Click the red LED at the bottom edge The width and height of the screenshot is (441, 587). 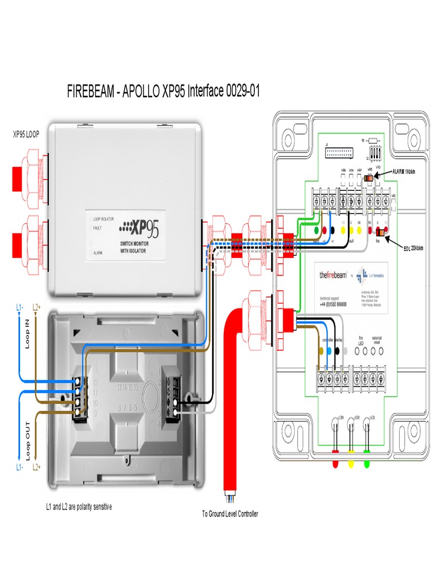tap(335, 464)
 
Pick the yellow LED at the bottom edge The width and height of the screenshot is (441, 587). tap(351, 464)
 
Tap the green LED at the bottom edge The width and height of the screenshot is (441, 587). tap(367, 464)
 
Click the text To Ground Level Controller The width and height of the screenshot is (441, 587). tap(230, 514)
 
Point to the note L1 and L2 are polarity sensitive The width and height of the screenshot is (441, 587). tap(79, 507)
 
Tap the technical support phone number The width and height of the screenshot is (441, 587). tap(333, 303)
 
